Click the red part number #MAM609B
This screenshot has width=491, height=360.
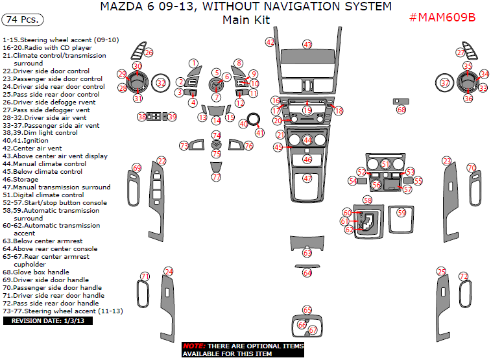(442, 17)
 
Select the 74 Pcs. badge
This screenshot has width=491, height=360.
(23, 19)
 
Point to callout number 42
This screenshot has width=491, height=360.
(270, 42)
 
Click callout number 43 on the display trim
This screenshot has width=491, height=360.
(307, 45)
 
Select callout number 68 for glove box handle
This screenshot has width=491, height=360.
(401, 110)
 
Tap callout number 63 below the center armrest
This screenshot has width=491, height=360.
(307, 252)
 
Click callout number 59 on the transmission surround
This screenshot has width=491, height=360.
(401, 212)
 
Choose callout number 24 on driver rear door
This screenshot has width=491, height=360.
(169, 271)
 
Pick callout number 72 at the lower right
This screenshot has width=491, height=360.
(463, 276)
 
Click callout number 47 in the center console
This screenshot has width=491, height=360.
(307, 178)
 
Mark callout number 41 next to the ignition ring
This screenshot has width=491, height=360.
(259, 132)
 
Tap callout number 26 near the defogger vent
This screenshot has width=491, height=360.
(149, 52)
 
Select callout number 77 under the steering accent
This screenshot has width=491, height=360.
(217, 176)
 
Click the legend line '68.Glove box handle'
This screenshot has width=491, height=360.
(36, 272)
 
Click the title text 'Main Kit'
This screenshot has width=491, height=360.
(246, 20)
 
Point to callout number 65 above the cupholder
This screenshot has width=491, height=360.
(307, 310)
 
